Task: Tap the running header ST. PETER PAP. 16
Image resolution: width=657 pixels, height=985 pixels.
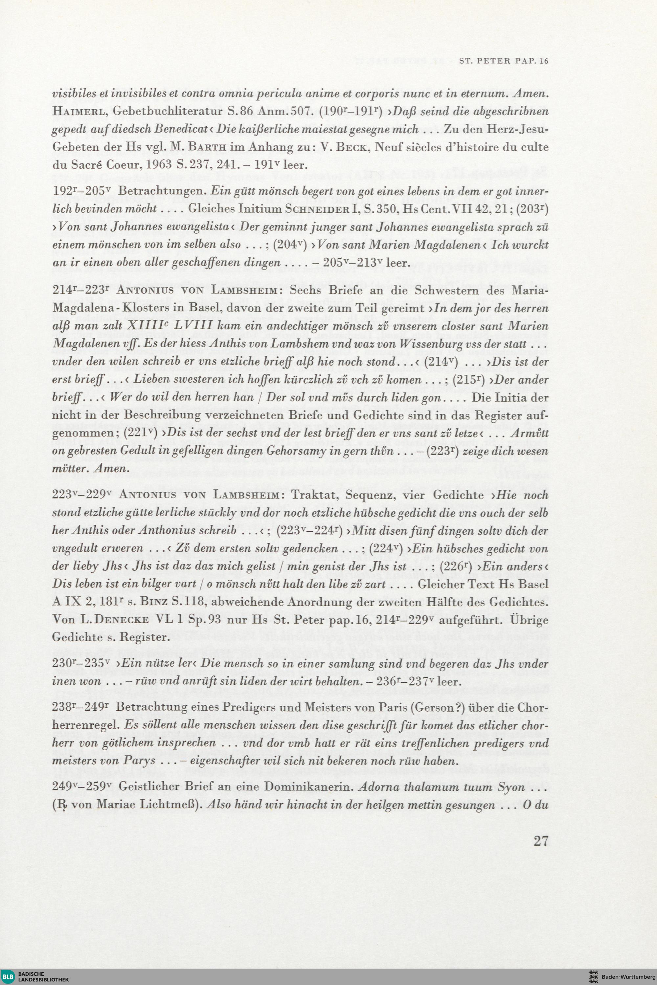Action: pos(503,61)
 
